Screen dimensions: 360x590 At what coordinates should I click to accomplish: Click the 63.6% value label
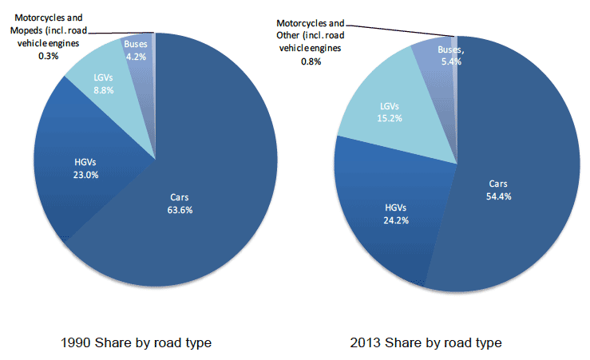coord(181,210)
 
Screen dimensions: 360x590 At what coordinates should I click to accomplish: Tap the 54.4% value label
coord(498,196)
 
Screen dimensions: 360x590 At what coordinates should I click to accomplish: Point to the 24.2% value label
coord(396,220)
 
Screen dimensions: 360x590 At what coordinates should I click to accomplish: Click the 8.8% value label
coord(103,90)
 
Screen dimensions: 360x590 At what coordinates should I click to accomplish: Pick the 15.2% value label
coord(390,118)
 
